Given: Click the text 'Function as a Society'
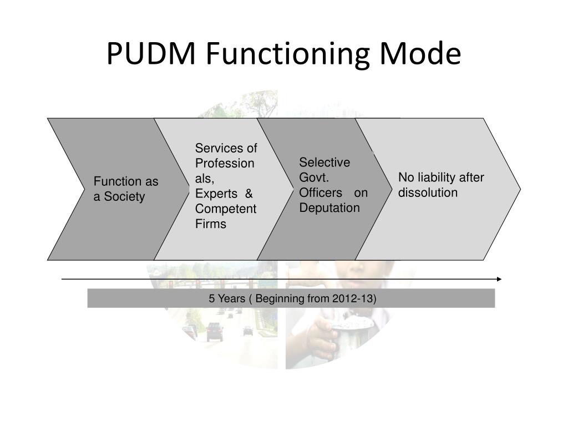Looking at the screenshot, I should coord(125,189).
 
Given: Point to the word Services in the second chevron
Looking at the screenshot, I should coord(219,148).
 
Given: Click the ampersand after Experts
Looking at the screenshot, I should coord(248,194).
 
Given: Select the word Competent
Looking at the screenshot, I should coord(225,209).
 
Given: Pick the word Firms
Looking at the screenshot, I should coord(210,224).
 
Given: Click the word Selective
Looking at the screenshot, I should coord(324,163).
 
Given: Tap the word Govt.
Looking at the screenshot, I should coord(315,177).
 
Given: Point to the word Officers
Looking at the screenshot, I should coord(321,192).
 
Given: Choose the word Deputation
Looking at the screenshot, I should coord(329,208).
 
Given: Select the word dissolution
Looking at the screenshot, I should coord(428,192).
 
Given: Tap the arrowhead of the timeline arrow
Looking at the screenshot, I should coord(499,279).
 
